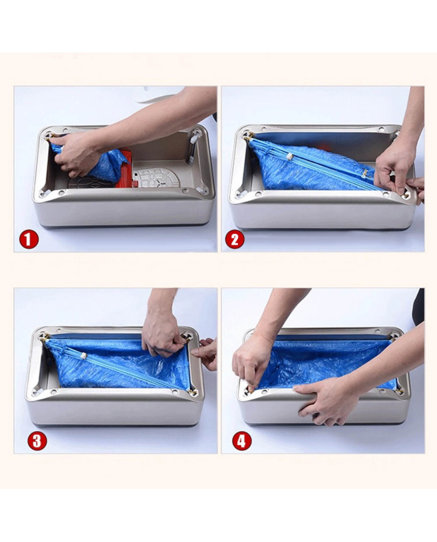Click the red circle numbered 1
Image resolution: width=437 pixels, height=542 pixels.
click(x=29, y=240)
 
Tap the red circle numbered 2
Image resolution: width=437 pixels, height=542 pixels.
click(x=234, y=240)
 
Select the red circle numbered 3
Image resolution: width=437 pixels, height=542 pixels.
click(x=37, y=441)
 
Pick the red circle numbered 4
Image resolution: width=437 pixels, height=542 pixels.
click(x=241, y=441)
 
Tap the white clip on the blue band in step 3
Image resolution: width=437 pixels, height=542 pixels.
click(x=84, y=356)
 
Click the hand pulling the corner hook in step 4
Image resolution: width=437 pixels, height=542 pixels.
click(x=252, y=363)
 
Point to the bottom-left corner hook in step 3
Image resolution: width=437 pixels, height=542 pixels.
click(x=37, y=392)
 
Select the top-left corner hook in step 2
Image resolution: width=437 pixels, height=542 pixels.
click(x=247, y=134)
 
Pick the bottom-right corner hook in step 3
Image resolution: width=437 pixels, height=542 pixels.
click(x=192, y=391)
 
